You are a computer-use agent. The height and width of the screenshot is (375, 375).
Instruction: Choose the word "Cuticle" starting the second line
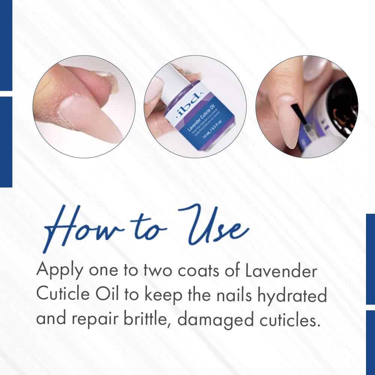pos(61,295)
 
